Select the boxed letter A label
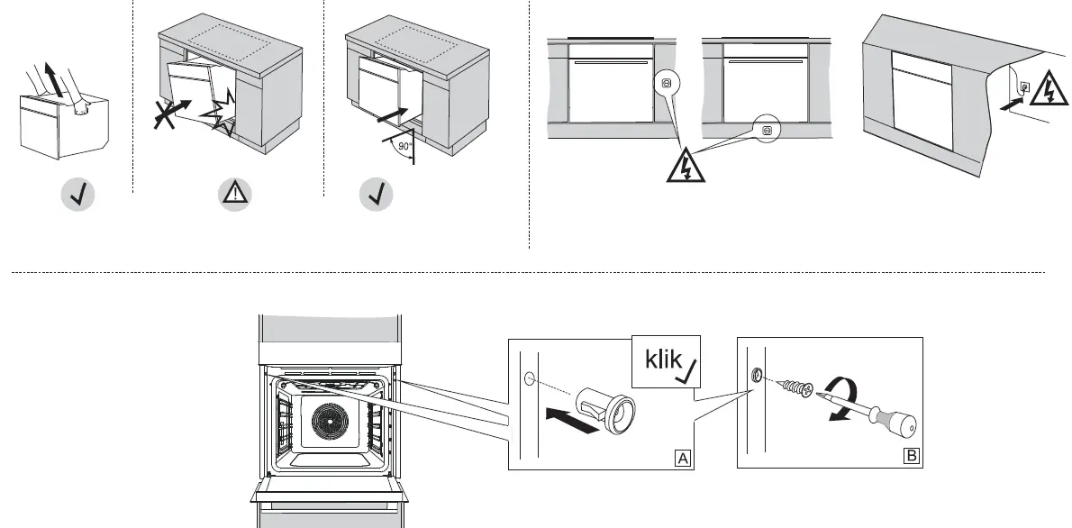[685, 458]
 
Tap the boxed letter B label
[912, 457]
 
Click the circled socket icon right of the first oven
[665, 82]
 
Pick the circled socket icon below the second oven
[767, 130]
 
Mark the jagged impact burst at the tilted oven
[221, 123]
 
